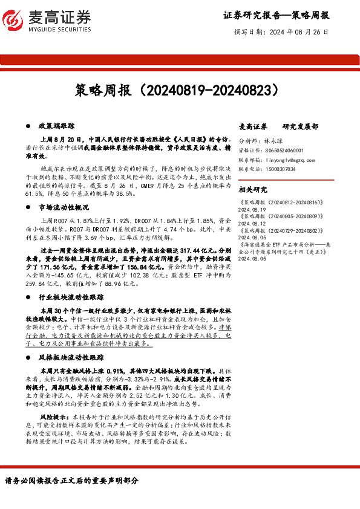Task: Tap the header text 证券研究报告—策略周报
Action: (x=276, y=15)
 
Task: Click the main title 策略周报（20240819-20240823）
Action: (x=180, y=91)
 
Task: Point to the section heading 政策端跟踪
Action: (x=56, y=126)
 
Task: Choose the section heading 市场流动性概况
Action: (x=64, y=207)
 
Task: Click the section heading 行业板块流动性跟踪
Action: (x=71, y=297)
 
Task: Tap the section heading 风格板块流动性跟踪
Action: (x=71, y=359)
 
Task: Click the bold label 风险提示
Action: (x=52, y=417)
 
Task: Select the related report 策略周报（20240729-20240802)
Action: (x=277, y=231)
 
